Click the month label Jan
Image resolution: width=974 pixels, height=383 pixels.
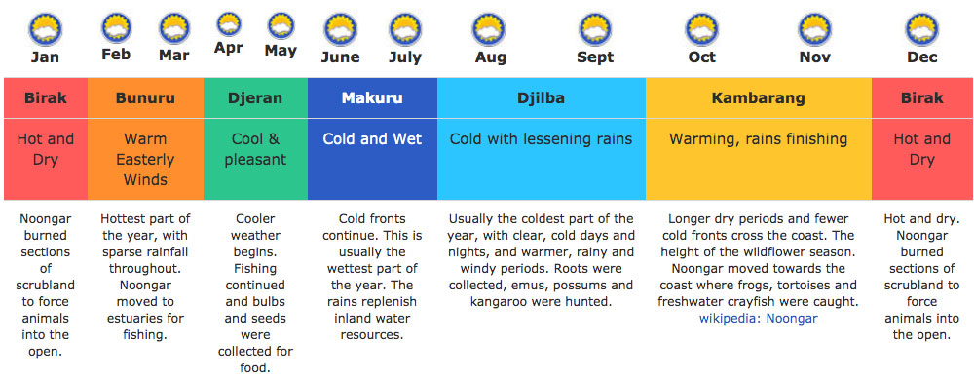coord(45,57)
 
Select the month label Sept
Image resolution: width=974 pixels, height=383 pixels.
coord(595,57)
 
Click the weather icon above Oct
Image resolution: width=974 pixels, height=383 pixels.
coord(701,28)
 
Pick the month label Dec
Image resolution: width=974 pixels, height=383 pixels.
coord(921,57)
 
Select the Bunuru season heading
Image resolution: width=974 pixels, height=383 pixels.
coord(145,98)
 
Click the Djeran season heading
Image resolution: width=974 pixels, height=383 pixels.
coord(255,98)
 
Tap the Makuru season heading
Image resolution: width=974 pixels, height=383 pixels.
coord(372,98)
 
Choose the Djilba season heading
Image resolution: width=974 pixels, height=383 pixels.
coord(541,98)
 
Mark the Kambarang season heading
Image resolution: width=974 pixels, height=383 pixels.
coord(758,98)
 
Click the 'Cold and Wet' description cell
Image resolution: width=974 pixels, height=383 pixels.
coord(372,139)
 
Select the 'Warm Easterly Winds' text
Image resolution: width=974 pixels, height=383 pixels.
coord(145,160)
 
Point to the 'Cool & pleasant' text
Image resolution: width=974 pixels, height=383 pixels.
coord(255,149)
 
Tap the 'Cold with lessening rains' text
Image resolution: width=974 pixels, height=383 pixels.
coord(541,139)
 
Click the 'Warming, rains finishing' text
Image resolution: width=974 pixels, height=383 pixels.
coord(758,139)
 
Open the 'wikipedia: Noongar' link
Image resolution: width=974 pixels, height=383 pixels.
coord(758,318)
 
